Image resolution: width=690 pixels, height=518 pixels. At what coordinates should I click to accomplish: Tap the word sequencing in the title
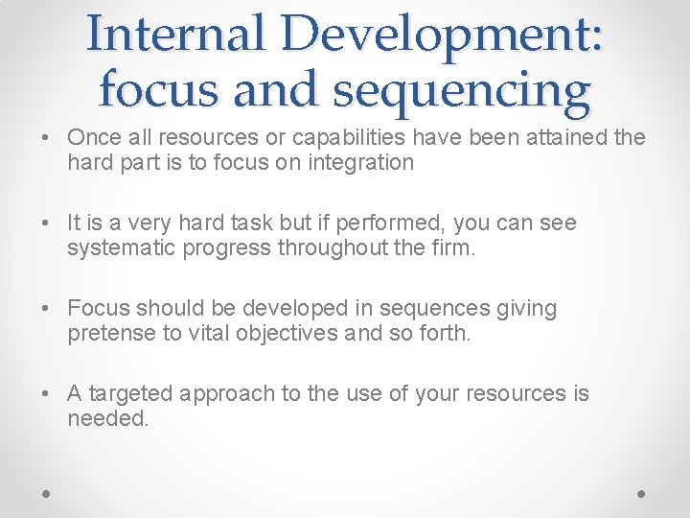[462, 90]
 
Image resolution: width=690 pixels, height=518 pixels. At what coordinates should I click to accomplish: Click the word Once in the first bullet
[93, 137]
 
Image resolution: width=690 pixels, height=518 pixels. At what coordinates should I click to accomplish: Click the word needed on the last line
[107, 418]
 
